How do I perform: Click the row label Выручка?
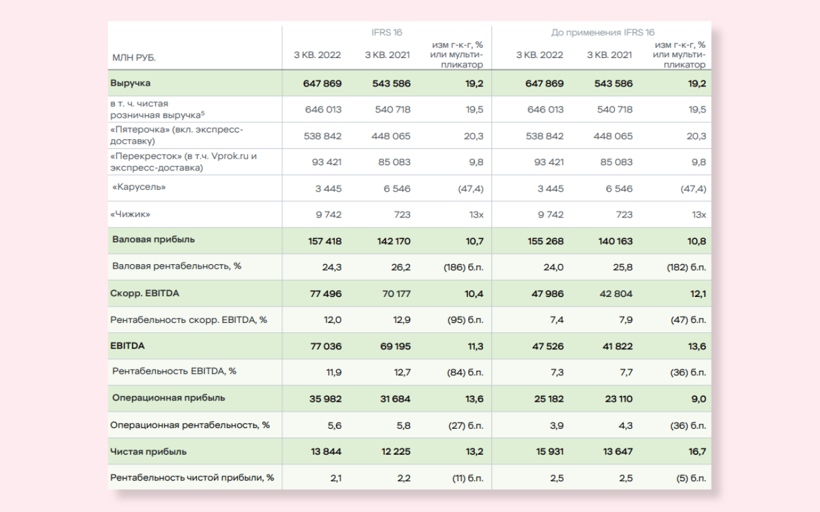(x=131, y=83)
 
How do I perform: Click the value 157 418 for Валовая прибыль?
(x=325, y=241)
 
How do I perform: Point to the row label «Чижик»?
(x=131, y=214)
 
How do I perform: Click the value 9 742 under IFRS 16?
(x=328, y=214)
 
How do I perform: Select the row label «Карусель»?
(x=139, y=187)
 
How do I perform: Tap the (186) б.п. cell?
(x=464, y=267)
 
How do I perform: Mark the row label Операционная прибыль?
(x=168, y=398)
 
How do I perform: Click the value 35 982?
(x=325, y=399)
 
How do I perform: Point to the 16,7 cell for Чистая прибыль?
(x=698, y=451)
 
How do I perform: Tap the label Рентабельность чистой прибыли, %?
(x=192, y=478)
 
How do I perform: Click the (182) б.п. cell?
(x=687, y=267)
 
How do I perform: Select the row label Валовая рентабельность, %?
(x=177, y=266)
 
